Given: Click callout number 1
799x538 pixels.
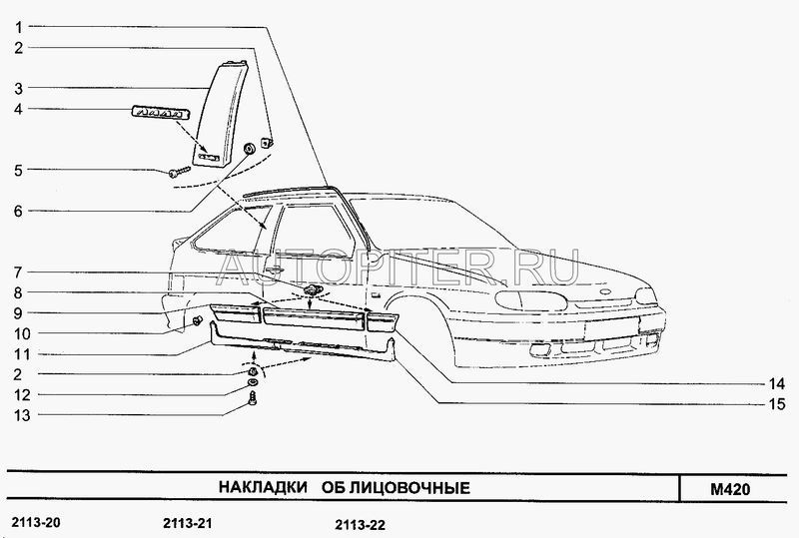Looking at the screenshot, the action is (x=18, y=27).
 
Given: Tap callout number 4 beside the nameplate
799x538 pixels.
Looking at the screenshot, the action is (x=18, y=109).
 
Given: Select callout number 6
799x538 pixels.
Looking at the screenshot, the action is (x=18, y=212).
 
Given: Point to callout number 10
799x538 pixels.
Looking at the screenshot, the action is (x=22, y=334).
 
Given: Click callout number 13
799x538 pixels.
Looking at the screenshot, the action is (x=22, y=415).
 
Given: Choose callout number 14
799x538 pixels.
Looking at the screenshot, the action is (x=777, y=383).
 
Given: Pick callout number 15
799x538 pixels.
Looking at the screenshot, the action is (x=777, y=404).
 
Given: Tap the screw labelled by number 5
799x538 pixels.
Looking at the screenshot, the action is (x=180, y=173).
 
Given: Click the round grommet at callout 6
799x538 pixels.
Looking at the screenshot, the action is (x=250, y=149).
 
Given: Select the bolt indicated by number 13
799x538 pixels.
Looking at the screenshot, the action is (x=253, y=399).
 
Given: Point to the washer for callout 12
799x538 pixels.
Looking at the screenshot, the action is (x=252, y=382).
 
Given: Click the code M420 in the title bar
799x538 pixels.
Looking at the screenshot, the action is (x=730, y=490).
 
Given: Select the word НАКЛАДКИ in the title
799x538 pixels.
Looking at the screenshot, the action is (x=263, y=487).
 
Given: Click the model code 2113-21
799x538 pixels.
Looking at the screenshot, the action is (x=188, y=523).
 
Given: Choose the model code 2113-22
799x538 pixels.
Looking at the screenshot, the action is (x=361, y=525).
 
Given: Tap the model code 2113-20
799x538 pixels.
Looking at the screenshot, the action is (x=36, y=522).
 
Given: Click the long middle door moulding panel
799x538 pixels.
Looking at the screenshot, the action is (x=314, y=319).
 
